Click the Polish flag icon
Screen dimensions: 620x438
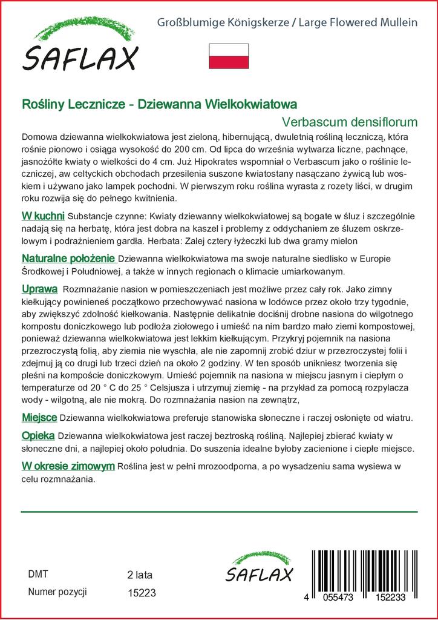click(x=229, y=56)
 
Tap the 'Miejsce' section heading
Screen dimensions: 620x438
click(x=39, y=418)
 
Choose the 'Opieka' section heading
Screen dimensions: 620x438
click(x=38, y=435)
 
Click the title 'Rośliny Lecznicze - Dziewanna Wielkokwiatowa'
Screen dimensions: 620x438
click(x=159, y=104)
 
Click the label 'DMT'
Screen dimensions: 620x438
click(x=38, y=574)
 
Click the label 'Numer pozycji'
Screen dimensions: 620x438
click(x=57, y=592)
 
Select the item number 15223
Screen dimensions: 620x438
click(x=142, y=593)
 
